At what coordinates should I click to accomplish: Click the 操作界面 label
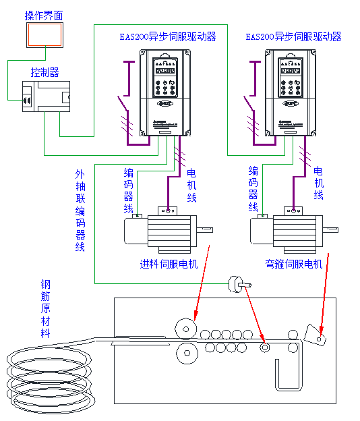[x=43, y=15]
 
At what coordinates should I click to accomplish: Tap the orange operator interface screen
[x=44, y=35]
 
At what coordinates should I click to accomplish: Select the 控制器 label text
[x=44, y=72]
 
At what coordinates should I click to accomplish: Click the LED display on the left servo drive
[x=165, y=70]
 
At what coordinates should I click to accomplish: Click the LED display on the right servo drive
[x=291, y=70]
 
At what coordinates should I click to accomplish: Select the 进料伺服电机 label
[x=169, y=264]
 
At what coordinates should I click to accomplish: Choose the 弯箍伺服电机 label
[x=294, y=264]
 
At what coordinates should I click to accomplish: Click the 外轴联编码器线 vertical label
[x=80, y=210]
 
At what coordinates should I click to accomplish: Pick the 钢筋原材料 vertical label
[x=45, y=309]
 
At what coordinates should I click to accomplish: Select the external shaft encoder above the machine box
[x=236, y=284]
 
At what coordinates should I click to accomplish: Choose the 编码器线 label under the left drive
[x=128, y=189]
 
